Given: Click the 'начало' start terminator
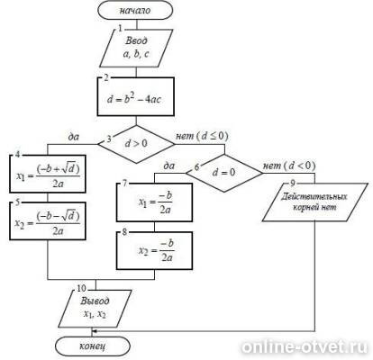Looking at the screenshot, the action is point(135,11).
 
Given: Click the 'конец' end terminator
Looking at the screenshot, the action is point(93,346).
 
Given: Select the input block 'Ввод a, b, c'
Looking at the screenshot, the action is point(136,48).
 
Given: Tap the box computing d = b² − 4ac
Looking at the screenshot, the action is point(136,96).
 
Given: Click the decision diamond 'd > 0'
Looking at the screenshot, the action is point(136,144).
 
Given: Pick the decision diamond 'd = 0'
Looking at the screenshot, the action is point(223,173).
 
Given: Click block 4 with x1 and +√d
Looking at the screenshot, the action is point(48,174).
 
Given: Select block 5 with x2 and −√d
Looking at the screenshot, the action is point(48,221).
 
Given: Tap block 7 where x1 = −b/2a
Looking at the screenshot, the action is point(154,202).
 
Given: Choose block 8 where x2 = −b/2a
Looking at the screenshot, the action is point(154,250).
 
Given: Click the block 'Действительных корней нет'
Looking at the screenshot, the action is point(315,202).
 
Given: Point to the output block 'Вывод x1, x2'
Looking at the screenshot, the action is point(95,309).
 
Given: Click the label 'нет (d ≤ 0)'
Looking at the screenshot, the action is point(202,136).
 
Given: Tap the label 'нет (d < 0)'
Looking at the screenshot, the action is point(289,166).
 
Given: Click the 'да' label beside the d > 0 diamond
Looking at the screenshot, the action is point(73,137).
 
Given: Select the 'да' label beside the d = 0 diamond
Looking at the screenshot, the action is point(168,166).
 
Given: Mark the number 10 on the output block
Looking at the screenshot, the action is point(81,288).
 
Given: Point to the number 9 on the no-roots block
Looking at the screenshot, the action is point(293,183).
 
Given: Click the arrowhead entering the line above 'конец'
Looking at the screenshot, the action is point(94,331).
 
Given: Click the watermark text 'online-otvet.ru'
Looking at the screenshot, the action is point(305,346).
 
